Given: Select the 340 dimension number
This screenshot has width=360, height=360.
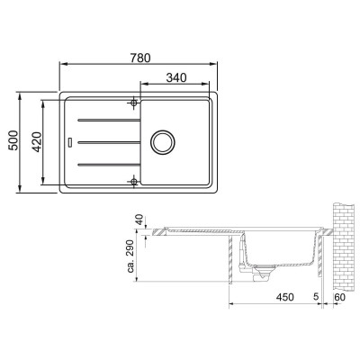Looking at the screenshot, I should [x=176, y=79].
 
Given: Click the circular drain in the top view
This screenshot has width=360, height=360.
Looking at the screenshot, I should [x=165, y=141].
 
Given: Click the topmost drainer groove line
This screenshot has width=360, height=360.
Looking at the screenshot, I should [x=106, y=119].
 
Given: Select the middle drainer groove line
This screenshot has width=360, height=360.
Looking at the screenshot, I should [x=106, y=141].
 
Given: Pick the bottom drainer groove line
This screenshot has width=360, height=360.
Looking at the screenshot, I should [x=106, y=164].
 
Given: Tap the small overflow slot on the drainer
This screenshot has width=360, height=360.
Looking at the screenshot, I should [x=70, y=141].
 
